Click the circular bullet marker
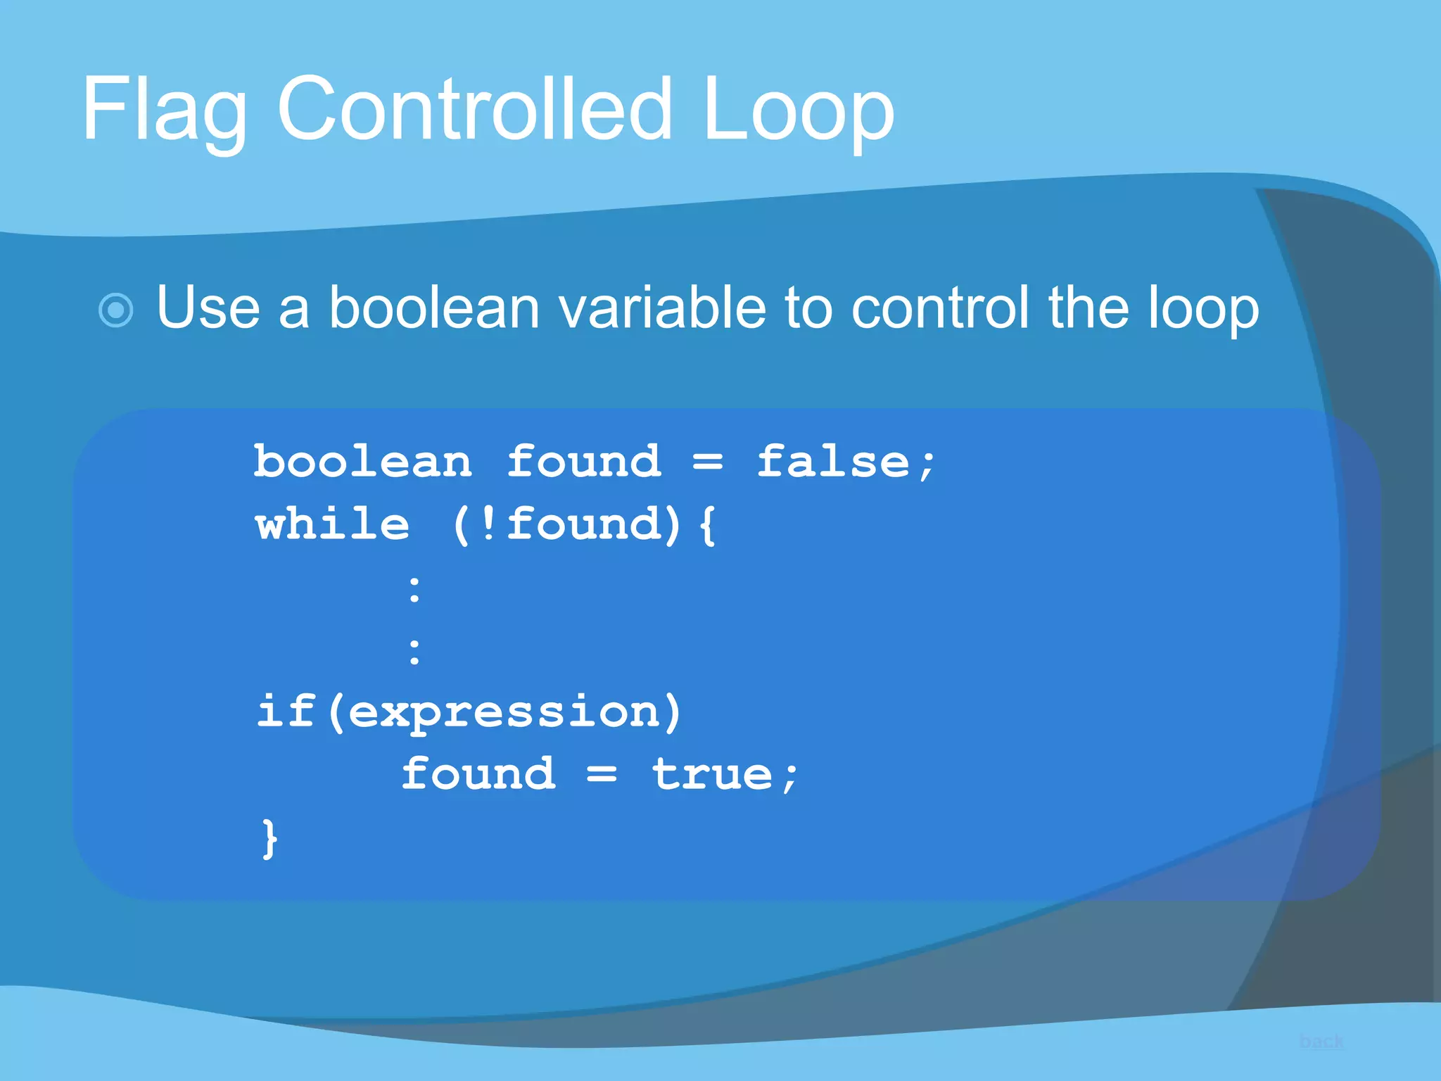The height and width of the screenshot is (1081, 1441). click(116, 310)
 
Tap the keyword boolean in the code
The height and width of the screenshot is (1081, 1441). click(362, 462)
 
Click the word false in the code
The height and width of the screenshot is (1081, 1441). click(834, 462)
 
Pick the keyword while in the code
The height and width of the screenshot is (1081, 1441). click(332, 525)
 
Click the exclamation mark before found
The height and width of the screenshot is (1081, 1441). click(487, 525)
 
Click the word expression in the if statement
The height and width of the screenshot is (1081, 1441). click(504, 712)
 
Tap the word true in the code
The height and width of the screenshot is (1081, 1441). click(712, 775)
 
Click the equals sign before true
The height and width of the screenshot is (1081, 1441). click(602, 775)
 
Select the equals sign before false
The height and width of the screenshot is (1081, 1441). click(707, 462)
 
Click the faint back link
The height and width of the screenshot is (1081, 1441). click(1321, 1042)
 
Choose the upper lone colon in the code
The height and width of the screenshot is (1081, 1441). click(414, 589)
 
